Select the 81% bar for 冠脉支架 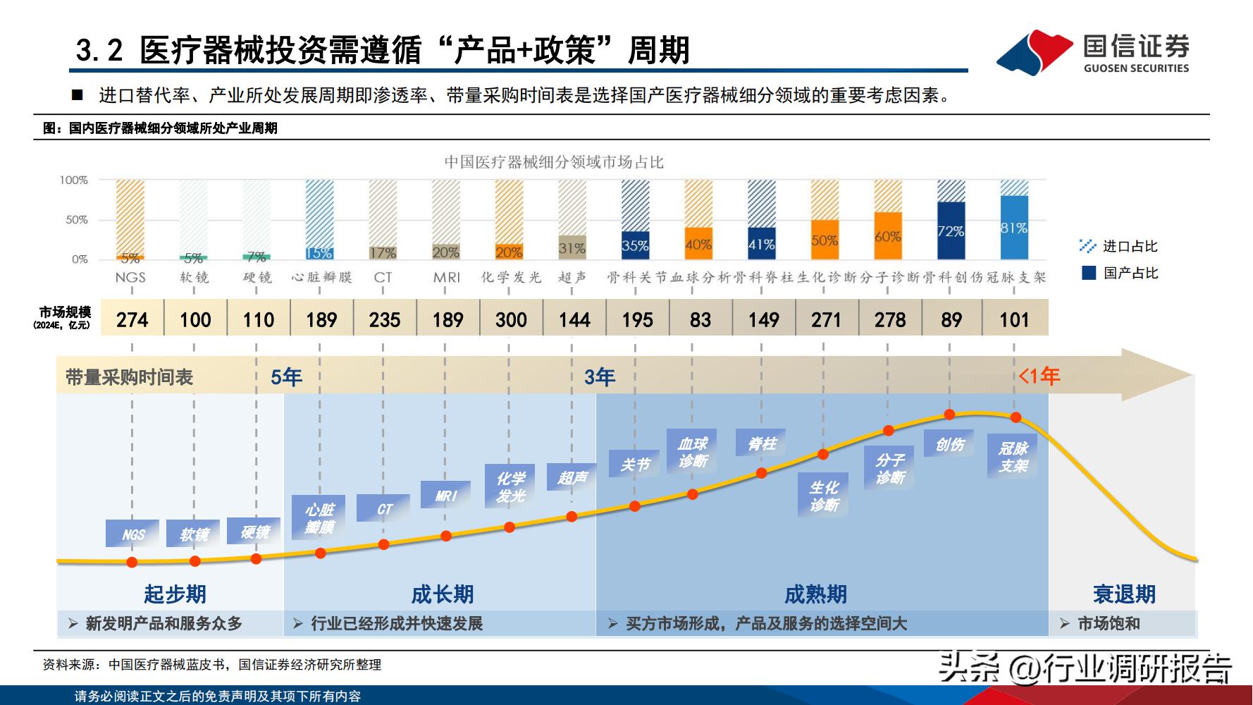1014,227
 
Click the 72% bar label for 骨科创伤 951,231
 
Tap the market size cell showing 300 511,319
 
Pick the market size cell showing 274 132,319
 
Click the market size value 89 951,319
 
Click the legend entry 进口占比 1120,246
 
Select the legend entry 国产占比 1120,273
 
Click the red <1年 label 1039,376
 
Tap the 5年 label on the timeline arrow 286,377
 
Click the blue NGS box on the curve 132,534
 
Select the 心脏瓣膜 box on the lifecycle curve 319,518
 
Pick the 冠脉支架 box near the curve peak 1013,457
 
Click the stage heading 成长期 442,594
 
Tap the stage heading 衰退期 1123,594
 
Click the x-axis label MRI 446,278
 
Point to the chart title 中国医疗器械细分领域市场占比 554,162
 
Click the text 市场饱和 1108,623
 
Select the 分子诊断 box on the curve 889,469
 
